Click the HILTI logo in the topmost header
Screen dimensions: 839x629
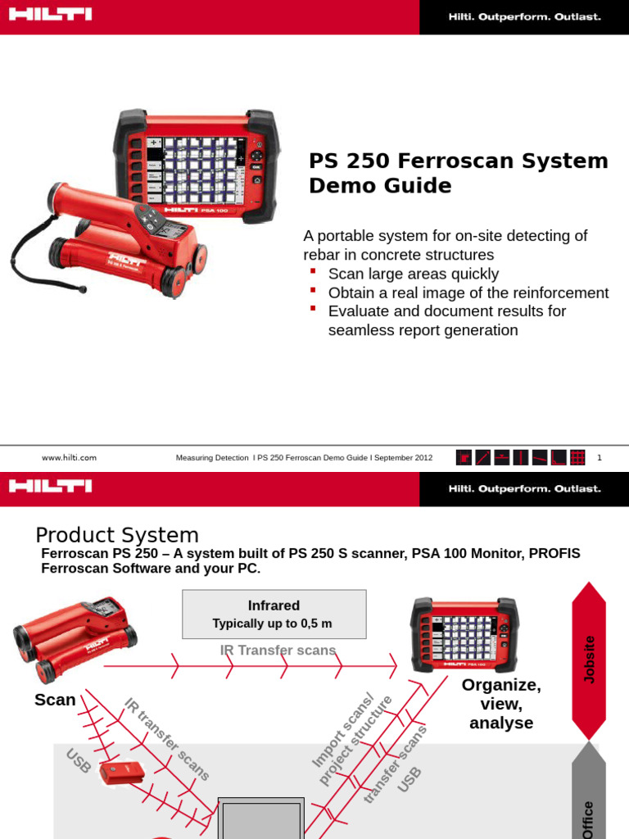pyautogui.click(x=51, y=16)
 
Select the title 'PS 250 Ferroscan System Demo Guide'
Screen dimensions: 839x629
pyautogui.click(x=458, y=173)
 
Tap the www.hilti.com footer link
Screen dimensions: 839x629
pyautogui.click(x=69, y=458)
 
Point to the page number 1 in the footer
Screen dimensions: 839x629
pyautogui.click(x=600, y=458)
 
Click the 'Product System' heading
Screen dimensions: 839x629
pyautogui.click(x=116, y=535)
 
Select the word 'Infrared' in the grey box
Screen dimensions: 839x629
pyautogui.click(x=274, y=605)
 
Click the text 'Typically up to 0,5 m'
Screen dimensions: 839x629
pyautogui.click(x=273, y=624)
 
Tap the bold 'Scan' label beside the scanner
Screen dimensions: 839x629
pyautogui.click(x=55, y=700)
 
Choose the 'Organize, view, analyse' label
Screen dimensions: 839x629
pyautogui.click(x=501, y=703)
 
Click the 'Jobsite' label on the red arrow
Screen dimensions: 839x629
pyautogui.click(x=589, y=659)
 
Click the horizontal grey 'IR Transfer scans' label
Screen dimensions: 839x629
pyautogui.click(x=278, y=651)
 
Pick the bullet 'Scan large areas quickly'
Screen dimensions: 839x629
pyautogui.click(x=413, y=274)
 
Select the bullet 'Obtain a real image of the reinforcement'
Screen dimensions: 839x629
pyautogui.click(x=468, y=293)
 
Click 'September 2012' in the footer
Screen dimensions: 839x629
pyautogui.click(x=405, y=458)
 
